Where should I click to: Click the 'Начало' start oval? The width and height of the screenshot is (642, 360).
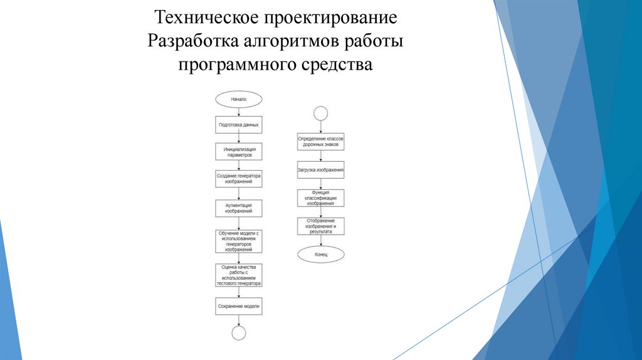click(x=238, y=99)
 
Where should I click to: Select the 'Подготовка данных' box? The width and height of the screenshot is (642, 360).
click(x=238, y=125)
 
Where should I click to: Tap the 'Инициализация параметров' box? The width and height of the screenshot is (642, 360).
click(x=238, y=151)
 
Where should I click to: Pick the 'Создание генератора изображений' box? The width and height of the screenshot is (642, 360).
click(x=238, y=178)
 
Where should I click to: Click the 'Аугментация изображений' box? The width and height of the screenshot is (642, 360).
click(x=238, y=208)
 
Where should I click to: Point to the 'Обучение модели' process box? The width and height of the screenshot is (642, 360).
click(x=238, y=241)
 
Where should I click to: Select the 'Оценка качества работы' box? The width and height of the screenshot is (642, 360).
click(x=238, y=275)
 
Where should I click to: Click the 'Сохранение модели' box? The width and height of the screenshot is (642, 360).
click(x=238, y=307)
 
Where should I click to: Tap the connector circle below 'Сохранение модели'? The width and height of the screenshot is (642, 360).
click(x=238, y=332)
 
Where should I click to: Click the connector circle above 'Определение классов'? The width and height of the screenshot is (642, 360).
click(x=320, y=114)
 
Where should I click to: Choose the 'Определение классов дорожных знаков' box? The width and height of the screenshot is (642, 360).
click(x=320, y=140)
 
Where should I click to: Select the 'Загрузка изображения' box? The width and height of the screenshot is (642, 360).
click(x=320, y=170)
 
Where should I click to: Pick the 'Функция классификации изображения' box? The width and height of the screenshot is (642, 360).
click(x=320, y=198)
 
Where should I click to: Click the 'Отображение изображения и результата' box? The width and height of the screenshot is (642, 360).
click(x=320, y=226)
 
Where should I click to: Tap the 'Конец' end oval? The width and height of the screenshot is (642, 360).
click(x=320, y=254)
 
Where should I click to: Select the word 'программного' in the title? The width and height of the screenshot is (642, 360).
click(x=227, y=65)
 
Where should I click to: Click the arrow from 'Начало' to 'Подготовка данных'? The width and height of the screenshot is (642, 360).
click(x=238, y=111)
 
